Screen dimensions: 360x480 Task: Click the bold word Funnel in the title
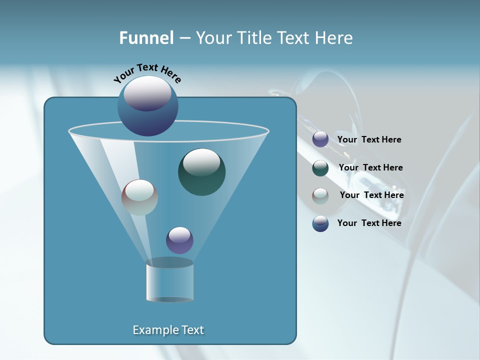click(x=146, y=38)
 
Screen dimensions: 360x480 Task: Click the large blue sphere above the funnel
click(x=147, y=106)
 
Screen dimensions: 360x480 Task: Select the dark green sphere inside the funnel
click(x=201, y=172)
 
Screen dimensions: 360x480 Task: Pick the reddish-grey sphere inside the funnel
click(x=139, y=197)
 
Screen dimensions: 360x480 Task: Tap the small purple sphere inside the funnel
click(x=179, y=240)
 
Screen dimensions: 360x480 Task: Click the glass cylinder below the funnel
click(x=169, y=282)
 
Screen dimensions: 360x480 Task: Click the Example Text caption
click(x=168, y=330)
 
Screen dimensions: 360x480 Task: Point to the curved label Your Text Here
click(x=147, y=72)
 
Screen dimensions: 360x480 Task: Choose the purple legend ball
click(x=320, y=139)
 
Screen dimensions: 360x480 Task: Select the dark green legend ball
click(x=320, y=168)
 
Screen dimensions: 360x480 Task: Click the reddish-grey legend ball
click(x=320, y=196)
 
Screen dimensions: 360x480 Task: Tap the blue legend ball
click(x=320, y=223)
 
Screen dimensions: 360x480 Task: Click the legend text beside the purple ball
click(x=369, y=140)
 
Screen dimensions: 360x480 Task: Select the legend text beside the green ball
click(x=370, y=168)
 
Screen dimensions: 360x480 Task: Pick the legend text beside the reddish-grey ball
click(x=371, y=195)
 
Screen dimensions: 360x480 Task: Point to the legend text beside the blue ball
click(x=369, y=223)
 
